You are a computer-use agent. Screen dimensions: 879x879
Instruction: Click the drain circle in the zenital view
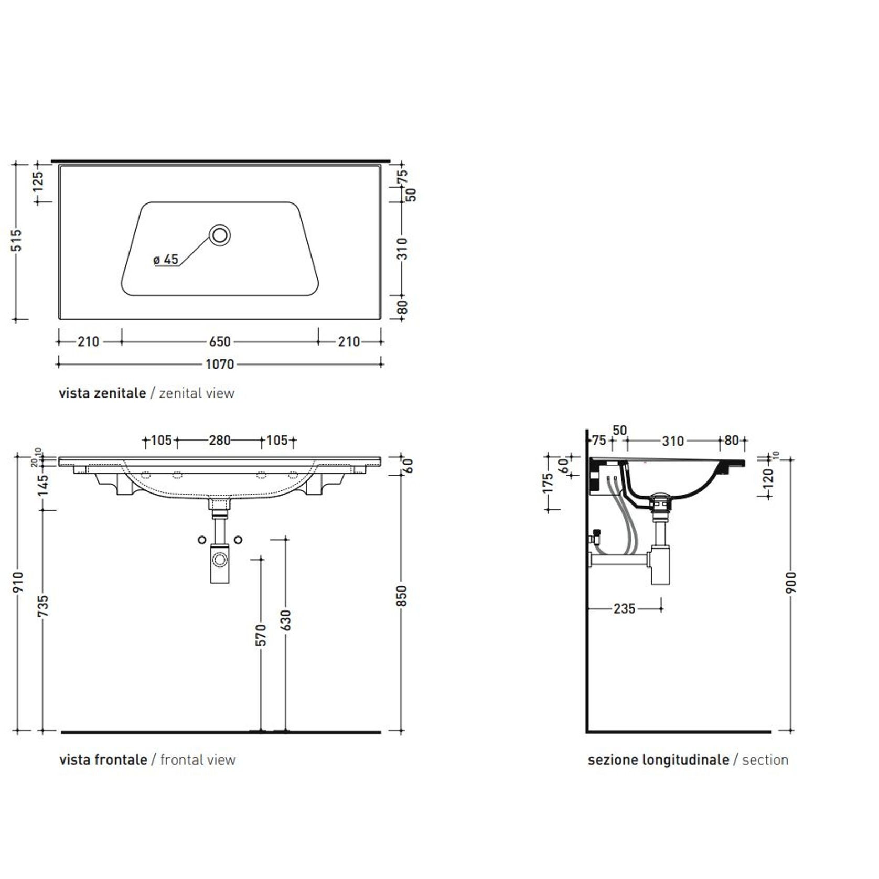[x=220, y=235]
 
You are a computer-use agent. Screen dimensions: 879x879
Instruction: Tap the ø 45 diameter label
[x=166, y=260]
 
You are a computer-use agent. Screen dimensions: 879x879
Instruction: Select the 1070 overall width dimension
[x=220, y=364]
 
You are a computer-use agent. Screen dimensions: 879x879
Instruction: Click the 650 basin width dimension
[x=220, y=342]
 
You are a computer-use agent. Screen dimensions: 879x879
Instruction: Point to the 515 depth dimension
[x=17, y=241]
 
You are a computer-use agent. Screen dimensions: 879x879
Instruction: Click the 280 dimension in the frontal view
[x=220, y=441]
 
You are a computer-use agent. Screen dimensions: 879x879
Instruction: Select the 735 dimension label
[x=43, y=605]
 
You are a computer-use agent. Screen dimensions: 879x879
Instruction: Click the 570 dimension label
[x=261, y=635]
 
